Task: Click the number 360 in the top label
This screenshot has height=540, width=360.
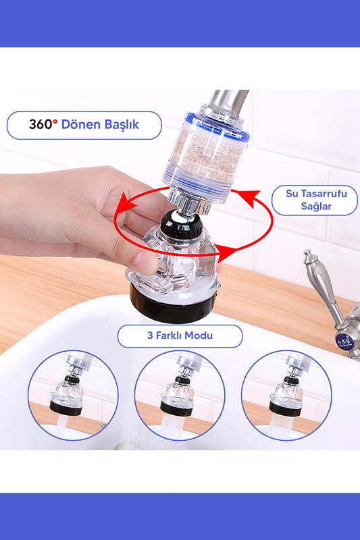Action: click(x=41, y=124)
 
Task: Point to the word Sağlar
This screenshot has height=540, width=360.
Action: click(x=316, y=207)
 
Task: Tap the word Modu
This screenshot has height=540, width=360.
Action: click(x=199, y=335)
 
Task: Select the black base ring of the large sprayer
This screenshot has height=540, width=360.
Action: click(x=172, y=307)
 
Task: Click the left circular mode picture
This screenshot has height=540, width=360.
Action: click(x=73, y=395)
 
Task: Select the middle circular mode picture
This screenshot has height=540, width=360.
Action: click(x=180, y=395)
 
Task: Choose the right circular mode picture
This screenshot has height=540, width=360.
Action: click(x=286, y=395)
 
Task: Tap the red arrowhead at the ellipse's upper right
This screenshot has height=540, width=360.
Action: click(x=251, y=197)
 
